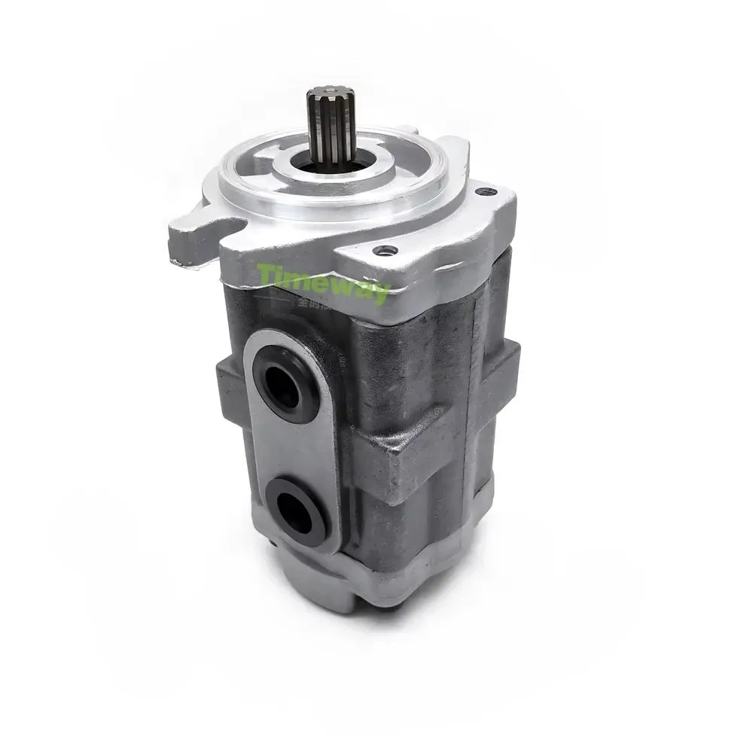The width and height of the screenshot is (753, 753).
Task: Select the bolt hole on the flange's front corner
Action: (388, 250)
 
